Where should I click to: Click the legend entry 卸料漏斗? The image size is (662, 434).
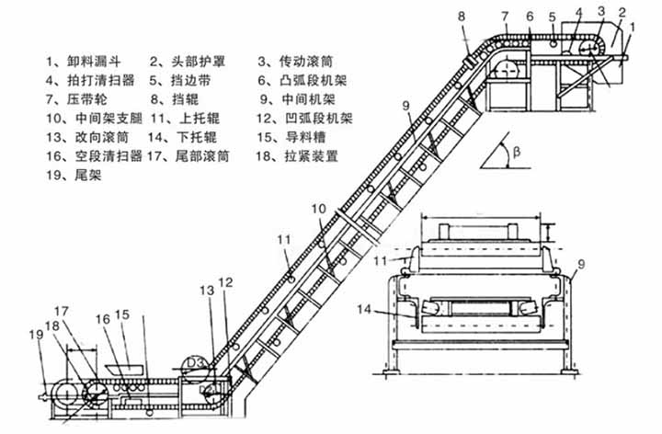pos(94,62)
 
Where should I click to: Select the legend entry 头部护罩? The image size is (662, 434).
pos(198,62)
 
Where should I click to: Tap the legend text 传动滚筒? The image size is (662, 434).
pos(306,62)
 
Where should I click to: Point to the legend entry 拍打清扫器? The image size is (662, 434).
pos(101,80)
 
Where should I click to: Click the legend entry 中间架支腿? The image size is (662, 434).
pos(108,119)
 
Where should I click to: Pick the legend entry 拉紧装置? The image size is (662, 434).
pos(311,156)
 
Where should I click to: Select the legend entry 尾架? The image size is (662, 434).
pos(88,175)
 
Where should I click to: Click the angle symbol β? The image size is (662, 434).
pos(517,152)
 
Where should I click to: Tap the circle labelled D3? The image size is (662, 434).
pos(195,370)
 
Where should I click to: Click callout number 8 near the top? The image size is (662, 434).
pos(462,17)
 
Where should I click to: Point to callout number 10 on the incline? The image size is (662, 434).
pos(319,209)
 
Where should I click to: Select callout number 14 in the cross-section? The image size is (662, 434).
pos(364,310)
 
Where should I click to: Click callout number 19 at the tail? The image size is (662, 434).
pos(36,335)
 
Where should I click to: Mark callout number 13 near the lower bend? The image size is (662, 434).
pos(207,291)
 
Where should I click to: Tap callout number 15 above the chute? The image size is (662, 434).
pos(122,314)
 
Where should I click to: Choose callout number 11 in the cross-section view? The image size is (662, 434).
pos(381,260)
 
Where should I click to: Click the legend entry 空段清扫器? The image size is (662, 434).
pos(108,156)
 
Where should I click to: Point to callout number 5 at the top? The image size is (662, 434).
pos(553,17)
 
